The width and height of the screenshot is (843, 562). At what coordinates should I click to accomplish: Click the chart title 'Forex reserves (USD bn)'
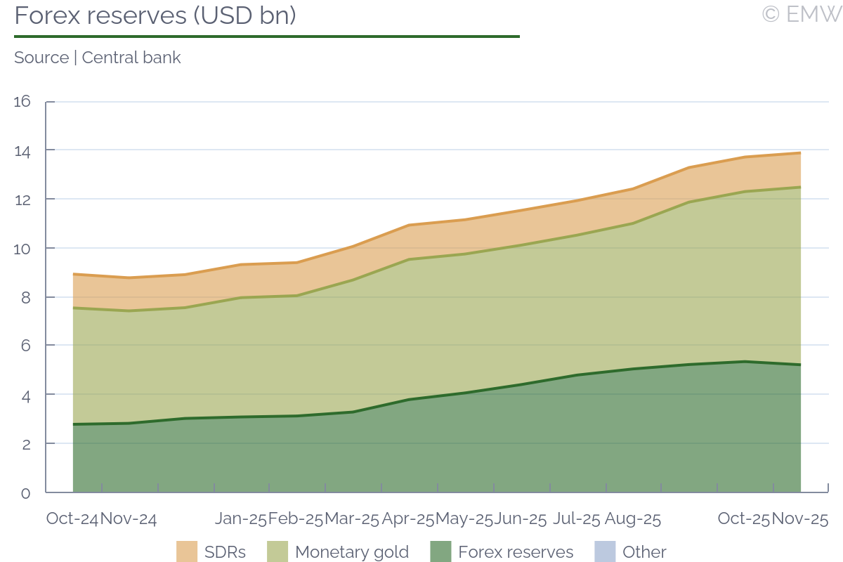tap(155, 15)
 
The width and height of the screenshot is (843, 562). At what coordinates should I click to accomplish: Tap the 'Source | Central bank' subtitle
tap(98, 58)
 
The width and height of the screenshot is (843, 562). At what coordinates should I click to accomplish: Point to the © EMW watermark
tap(801, 14)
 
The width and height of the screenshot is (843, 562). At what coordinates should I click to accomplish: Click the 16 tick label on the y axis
tap(22, 102)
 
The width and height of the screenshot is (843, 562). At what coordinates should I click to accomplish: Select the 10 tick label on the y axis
tap(22, 249)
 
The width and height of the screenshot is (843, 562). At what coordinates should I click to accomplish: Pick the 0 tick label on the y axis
tap(26, 493)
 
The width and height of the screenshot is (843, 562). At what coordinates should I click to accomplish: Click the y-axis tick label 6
tap(26, 346)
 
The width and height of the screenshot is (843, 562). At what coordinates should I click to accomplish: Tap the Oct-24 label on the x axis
tap(72, 519)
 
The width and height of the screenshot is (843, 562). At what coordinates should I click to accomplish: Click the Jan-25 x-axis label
tap(241, 519)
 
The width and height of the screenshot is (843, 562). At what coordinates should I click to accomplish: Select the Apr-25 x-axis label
tap(408, 519)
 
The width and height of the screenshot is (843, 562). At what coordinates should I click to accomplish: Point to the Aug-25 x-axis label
tap(633, 519)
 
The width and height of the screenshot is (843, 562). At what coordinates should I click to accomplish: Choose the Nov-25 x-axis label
tap(800, 519)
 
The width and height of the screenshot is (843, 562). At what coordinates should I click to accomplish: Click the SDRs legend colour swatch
tap(187, 551)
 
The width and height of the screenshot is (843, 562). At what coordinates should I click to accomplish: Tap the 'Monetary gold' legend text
tap(352, 552)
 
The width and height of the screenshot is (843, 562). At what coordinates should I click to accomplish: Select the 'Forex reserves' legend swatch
tap(440, 551)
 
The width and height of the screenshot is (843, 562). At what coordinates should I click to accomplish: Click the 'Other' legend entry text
tap(644, 552)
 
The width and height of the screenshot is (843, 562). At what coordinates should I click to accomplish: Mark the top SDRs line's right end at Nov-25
tap(800, 153)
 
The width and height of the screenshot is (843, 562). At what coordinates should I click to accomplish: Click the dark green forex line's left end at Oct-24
tap(74, 424)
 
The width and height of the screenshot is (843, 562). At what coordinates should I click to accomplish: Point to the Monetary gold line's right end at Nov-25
tap(800, 187)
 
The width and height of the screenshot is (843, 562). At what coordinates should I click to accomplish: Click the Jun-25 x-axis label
tap(520, 519)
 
